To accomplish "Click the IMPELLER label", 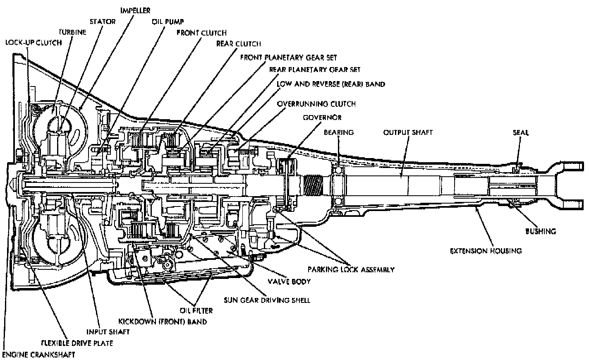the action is pos(135,10).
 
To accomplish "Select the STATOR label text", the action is pos(103,22).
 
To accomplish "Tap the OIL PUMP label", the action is pos(168,22).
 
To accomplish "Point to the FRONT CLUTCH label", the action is pos(202,33).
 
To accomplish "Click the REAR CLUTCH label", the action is pos(239,43).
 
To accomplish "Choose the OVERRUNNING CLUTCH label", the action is pos(316,104).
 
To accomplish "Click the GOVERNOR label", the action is pos(322,118).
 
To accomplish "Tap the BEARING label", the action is pos(339,132).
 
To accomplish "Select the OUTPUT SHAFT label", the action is pos(408,132).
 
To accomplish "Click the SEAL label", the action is pos(521,132).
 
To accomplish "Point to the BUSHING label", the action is pos(541,231).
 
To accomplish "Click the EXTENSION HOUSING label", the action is pos(486,251).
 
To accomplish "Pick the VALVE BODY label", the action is pos(289,282).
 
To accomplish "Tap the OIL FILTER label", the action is pos(196,311).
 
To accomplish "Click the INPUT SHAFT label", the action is pos(108,332).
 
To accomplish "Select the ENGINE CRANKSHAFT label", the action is pos(38,355).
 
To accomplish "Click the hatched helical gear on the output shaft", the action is pos(313,185).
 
